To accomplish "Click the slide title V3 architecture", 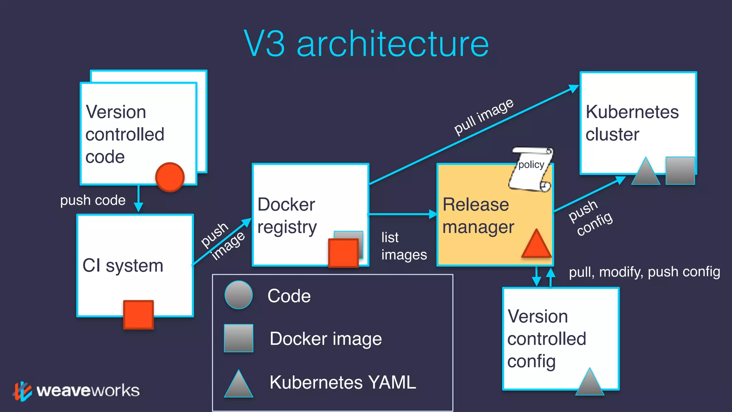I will (x=366, y=44).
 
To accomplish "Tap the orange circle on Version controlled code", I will (x=170, y=177).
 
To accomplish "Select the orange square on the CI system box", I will (x=138, y=314).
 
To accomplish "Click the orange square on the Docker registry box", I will (x=343, y=253).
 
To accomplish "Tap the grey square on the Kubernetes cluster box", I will (x=680, y=171).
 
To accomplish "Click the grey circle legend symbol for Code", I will (x=238, y=295).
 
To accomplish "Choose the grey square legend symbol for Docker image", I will (x=238, y=338).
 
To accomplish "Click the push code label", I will (x=93, y=200).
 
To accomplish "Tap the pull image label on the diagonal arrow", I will (x=484, y=116).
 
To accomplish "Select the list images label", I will (x=403, y=246).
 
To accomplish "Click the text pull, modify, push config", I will (x=644, y=272).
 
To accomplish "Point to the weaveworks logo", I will (x=77, y=391).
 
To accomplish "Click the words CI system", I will (x=123, y=266).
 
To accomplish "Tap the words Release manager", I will (x=478, y=216).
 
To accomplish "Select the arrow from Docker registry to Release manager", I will (x=402, y=214).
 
